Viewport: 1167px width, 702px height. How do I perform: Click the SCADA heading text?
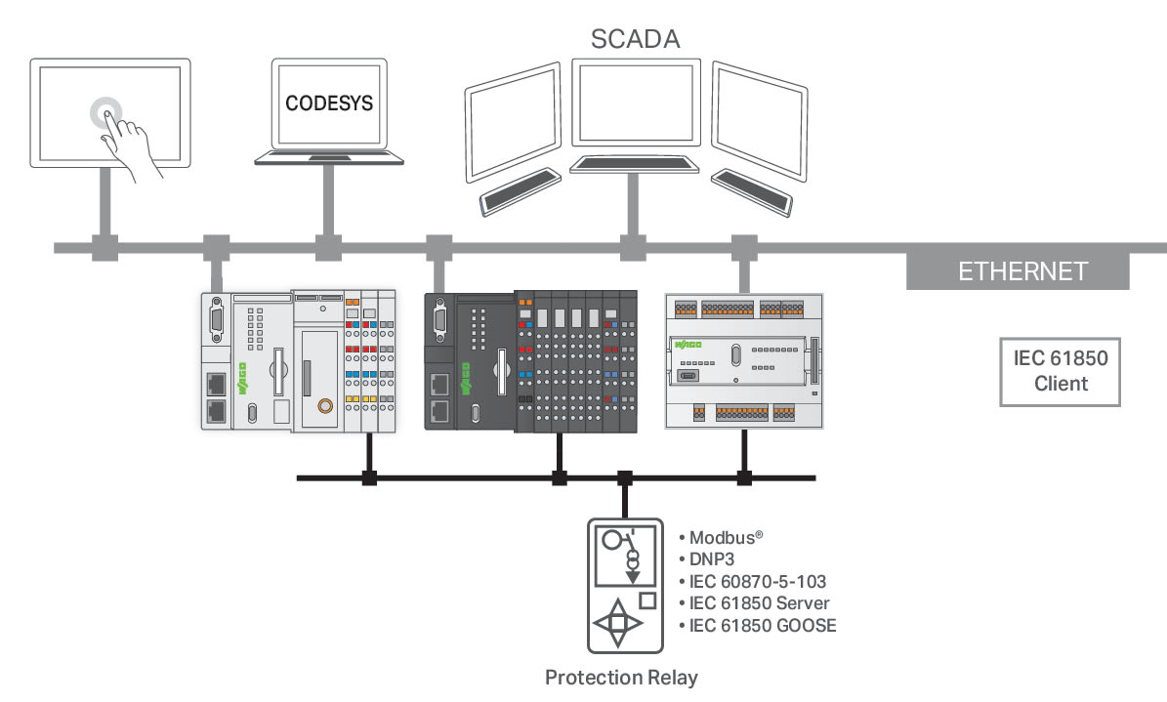[x=635, y=38]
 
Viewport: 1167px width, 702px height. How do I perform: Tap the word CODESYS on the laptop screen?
[x=329, y=102]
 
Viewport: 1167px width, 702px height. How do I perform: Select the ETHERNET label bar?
[x=1021, y=270]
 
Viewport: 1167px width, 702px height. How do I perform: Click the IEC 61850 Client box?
[x=1061, y=371]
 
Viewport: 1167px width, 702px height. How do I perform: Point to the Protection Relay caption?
[x=621, y=677]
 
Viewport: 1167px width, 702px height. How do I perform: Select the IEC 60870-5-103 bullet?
[x=757, y=581]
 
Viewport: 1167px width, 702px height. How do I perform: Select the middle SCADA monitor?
[x=635, y=103]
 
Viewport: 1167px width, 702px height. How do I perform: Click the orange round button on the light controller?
[x=325, y=405]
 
